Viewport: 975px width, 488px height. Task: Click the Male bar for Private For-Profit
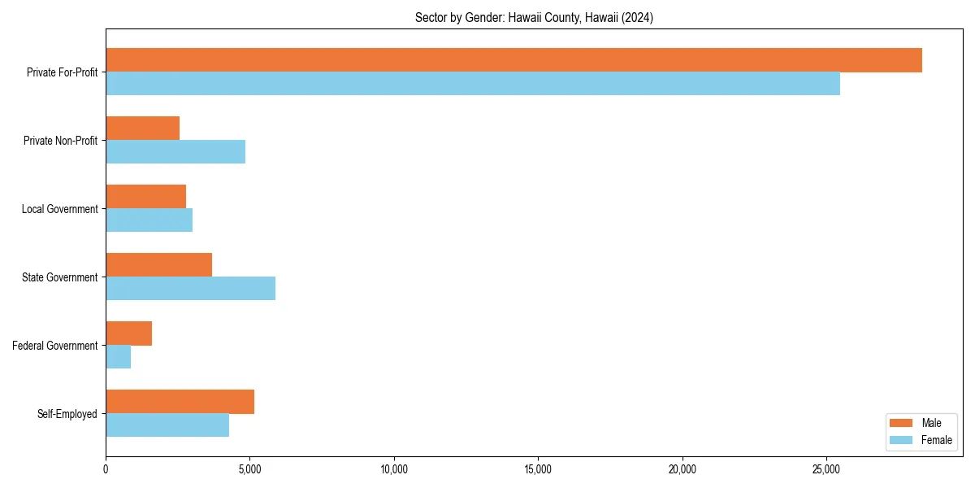point(513,60)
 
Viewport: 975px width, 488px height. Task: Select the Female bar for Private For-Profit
point(473,84)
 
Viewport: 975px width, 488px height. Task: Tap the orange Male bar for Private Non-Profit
point(143,129)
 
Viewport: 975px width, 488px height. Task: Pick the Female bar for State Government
point(191,289)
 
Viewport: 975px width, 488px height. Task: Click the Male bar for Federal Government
point(129,333)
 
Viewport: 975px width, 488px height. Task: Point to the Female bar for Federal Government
point(119,357)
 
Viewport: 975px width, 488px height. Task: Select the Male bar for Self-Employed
point(180,402)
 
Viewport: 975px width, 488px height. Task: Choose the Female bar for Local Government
point(149,220)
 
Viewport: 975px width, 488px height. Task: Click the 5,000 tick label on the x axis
point(249,469)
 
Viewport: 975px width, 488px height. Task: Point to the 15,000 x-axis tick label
point(538,469)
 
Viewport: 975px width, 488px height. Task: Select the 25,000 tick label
point(826,469)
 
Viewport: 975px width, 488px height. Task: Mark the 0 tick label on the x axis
point(106,469)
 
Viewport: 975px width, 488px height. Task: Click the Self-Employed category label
point(67,414)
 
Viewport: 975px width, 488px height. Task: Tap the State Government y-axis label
point(60,277)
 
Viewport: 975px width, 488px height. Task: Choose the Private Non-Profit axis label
point(61,141)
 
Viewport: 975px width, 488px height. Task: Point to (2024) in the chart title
point(637,17)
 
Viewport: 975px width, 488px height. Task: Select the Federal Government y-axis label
point(55,346)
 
